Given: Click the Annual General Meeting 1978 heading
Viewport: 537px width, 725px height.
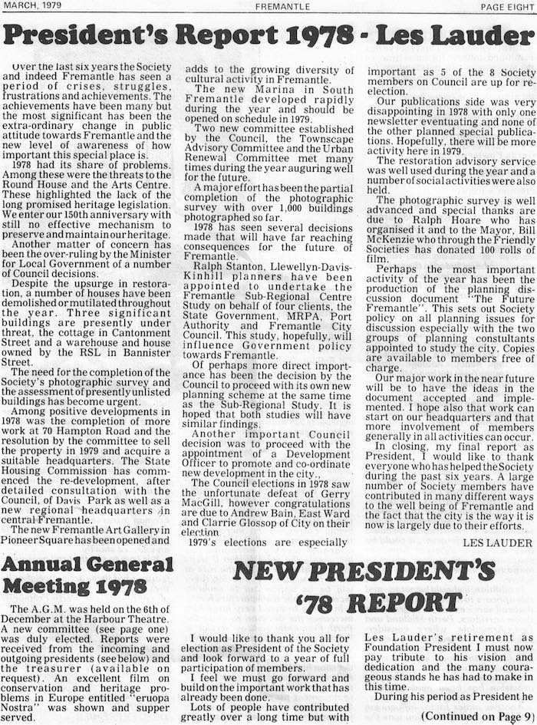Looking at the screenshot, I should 87,575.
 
